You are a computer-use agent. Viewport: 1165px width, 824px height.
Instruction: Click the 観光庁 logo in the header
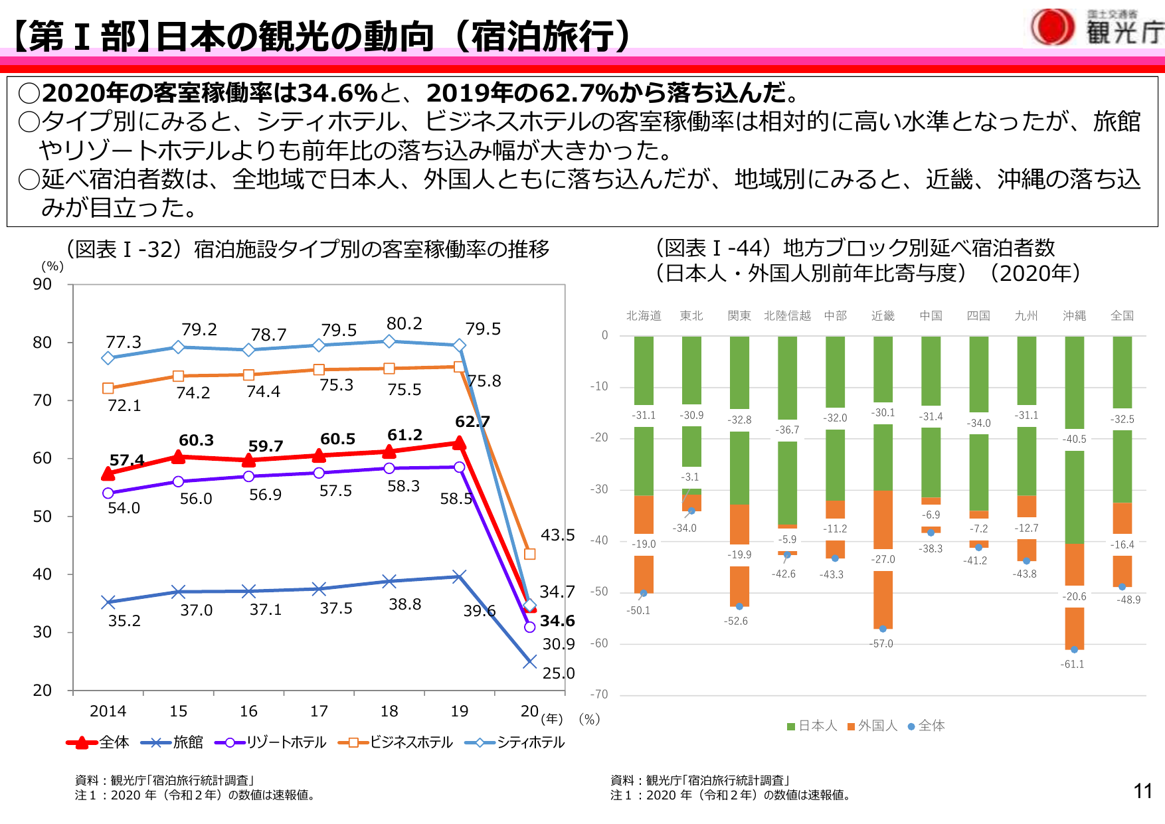click(x=1096, y=28)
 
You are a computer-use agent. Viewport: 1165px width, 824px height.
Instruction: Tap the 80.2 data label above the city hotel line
click(x=404, y=324)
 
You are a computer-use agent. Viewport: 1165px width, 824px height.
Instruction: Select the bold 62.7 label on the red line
click(x=472, y=422)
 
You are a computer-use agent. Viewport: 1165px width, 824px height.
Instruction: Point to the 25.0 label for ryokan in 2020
click(x=558, y=673)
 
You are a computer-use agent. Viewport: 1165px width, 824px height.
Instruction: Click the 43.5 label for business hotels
click(x=557, y=535)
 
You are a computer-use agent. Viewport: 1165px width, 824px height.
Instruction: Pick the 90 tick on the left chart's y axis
click(x=43, y=284)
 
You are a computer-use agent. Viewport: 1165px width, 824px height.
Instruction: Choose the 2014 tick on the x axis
click(x=108, y=711)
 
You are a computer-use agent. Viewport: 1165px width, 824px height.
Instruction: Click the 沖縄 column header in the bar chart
click(x=1074, y=316)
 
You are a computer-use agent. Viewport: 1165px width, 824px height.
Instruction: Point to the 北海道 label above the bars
click(x=644, y=316)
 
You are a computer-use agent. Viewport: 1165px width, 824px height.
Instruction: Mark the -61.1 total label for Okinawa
click(x=1072, y=664)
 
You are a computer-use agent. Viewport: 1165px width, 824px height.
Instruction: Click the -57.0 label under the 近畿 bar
click(x=882, y=643)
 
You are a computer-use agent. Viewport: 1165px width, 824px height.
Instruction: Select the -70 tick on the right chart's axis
click(x=599, y=695)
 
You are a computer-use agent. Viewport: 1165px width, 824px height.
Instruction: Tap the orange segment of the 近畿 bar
click(x=883, y=525)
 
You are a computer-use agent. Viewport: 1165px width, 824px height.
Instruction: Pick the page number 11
click(x=1142, y=791)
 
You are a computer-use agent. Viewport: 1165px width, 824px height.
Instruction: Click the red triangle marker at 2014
click(x=108, y=473)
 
